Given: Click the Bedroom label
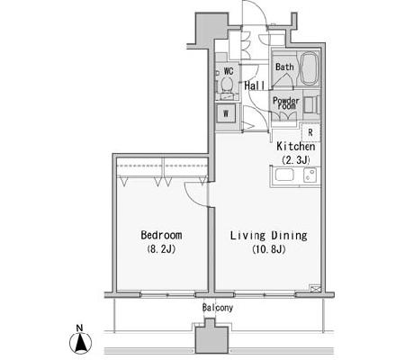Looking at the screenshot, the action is (x=161, y=235).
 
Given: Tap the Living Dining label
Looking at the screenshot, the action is (x=269, y=236).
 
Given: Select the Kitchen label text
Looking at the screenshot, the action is (x=296, y=147).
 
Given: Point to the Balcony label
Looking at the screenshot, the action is (x=218, y=308).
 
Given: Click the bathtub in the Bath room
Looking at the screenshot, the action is (x=309, y=68).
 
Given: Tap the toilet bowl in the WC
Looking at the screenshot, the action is (x=227, y=85).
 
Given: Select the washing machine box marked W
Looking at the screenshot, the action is (x=226, y=113).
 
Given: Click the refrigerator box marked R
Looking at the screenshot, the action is (x=310, y=132).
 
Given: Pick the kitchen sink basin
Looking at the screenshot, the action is (x=284, y=175).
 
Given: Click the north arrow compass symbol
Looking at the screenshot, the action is (x=81, y=343).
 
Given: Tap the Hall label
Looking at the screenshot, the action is (x=255, y=85).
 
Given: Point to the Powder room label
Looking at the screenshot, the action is (x=286, y=103).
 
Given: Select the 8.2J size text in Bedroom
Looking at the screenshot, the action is (x=161, y=249).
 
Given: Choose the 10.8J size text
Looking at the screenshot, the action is (x=269, y=249).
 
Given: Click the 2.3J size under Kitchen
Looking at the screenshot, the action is (x=296, y=160).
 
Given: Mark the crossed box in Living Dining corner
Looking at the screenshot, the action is (x=316, y=289).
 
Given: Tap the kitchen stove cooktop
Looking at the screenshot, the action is (x=310, y=175).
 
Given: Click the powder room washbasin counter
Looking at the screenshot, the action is (x=310, y=104).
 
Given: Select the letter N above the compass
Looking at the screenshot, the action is (x=79, y=328).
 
